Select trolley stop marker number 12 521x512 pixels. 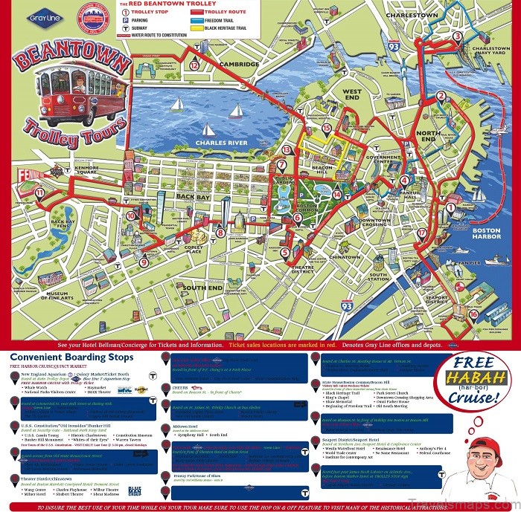(x=194, y=65)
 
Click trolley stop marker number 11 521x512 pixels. (x=39, y=192)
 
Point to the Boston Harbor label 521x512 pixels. (x=487, y=235)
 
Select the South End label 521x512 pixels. (x=203, y=287)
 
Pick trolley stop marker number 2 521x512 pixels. (x=441, y=95)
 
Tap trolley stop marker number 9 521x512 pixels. (x=143, y=261)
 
